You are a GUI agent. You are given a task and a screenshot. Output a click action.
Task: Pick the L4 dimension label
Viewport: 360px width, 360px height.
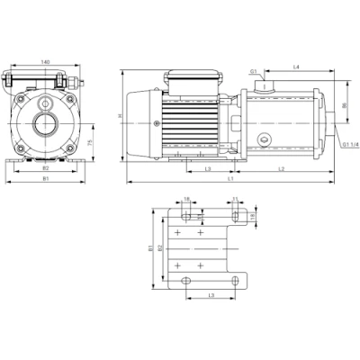[x=296, y=68]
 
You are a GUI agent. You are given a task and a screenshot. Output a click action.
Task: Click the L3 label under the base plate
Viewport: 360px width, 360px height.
[x=211, y=294]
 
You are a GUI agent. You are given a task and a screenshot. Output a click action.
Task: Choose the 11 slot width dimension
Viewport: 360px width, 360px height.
[x=235, y=201]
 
